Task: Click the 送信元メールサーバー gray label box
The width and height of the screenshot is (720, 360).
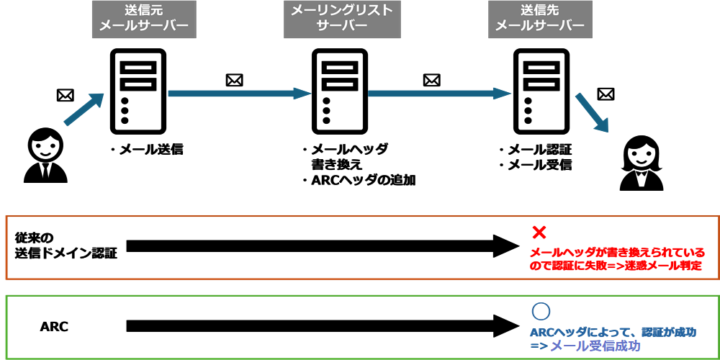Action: [144, 19]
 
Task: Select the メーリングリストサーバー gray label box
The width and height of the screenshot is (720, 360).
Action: [342, 19]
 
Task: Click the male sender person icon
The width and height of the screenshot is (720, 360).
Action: [45, 156]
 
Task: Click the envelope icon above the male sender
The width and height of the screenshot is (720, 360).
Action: [65, 94]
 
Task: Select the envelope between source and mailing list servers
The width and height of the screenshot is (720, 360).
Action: [234, 80]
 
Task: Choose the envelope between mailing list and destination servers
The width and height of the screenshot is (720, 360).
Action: [432, 80]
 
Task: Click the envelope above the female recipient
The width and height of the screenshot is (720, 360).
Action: [606, 94]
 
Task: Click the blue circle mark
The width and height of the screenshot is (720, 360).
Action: [540, 311]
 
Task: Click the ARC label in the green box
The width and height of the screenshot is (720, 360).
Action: [54, 326]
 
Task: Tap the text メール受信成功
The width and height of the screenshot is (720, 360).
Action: [595, 346]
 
